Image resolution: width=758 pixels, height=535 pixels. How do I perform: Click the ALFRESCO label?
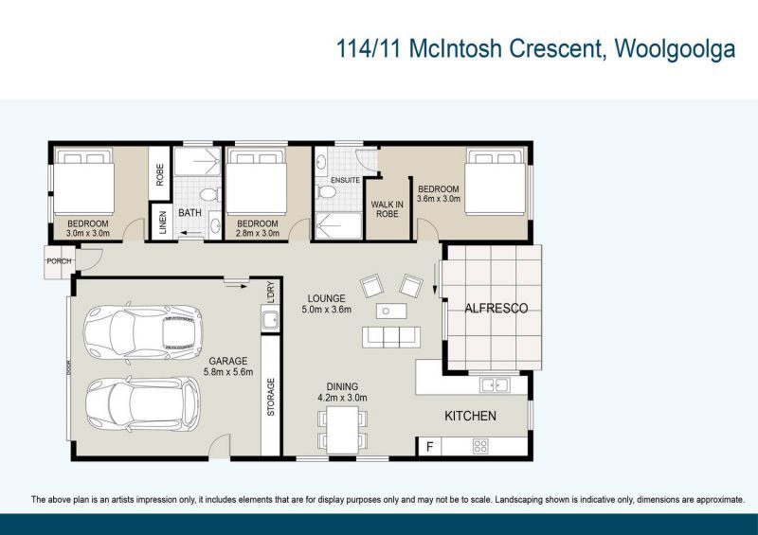coord(496,309)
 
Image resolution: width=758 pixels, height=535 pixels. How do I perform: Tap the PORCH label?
coord(59,261)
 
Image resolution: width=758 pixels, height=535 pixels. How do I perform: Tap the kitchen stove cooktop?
coord(480,446)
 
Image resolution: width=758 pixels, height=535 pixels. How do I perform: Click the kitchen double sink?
coord(493,384)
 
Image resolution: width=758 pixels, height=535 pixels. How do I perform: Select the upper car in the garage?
coord(142,331)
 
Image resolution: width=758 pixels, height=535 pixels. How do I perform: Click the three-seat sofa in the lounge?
coord(390,335)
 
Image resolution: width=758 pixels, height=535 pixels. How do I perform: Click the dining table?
coord(342,432)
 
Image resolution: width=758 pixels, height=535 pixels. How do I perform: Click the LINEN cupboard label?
coord(162,224)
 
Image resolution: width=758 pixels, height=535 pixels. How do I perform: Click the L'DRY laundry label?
coord(271,291)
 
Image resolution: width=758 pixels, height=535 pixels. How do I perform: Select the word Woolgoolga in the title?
coord(675,50)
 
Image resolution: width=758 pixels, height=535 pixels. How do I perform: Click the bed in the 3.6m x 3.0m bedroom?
coord(494,181)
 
